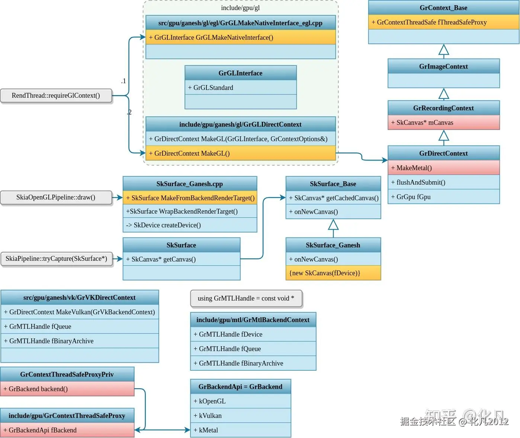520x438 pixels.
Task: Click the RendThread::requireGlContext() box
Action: [56, 95]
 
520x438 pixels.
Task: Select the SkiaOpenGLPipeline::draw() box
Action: [56, 198]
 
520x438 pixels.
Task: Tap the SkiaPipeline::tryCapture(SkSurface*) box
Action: [57, 259]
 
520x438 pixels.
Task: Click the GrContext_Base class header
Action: [443, 8]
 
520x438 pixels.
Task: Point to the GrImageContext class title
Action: [443, 66]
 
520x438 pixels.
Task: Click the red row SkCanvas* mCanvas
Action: [443, 122]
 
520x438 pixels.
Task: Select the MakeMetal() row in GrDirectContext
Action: [443, 168]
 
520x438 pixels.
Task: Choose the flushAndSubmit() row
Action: [443, 182]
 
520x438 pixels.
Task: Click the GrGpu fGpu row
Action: [443, 197]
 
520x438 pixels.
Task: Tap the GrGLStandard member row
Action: [241, 88]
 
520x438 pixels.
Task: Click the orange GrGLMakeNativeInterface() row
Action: [241, 37]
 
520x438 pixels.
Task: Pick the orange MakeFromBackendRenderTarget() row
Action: [190, 198]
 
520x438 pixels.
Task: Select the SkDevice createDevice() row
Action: [190, 225]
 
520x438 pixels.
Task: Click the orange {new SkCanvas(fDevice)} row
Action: [333, 273]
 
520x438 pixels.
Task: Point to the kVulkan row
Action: [241, 416]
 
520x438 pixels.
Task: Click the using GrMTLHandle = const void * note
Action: [246, 298]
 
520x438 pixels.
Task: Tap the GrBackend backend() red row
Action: [67, 389]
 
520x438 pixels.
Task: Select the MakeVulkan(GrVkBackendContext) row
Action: [80, 312]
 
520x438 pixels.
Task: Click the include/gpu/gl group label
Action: [240, 8]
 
